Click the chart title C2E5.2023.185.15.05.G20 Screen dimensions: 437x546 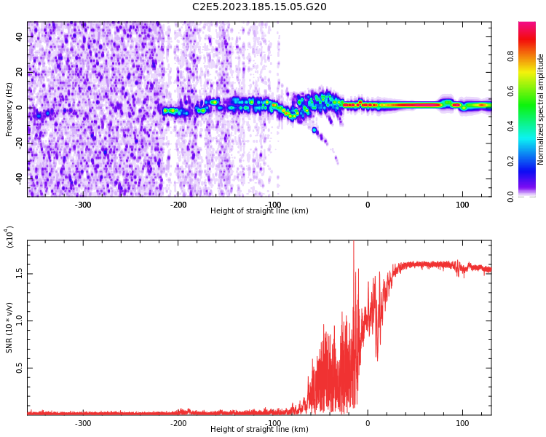coord(259,7)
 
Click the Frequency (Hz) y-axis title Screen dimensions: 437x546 coord(9,109)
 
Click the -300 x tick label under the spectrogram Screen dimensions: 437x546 coord(83,205)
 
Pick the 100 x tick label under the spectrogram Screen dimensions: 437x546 coord(462,205)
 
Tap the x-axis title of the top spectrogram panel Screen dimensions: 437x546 coord(259,211)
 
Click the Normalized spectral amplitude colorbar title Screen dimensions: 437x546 coord(541,109)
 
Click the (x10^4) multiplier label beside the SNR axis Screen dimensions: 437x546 coord(9,236)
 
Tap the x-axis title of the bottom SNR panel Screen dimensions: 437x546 coord(259,430)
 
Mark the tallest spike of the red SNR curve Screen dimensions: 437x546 coord(354,243)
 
